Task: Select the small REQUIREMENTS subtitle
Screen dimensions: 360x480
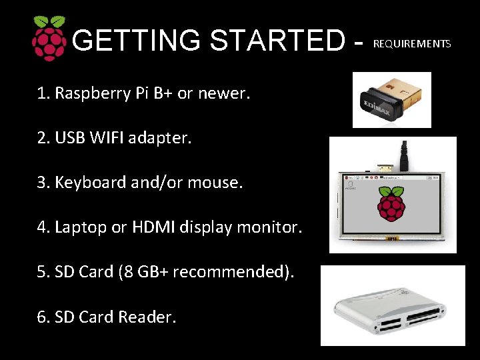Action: [412, 44]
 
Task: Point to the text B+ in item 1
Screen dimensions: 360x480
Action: [163, 93]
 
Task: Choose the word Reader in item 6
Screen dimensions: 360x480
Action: [147, 317]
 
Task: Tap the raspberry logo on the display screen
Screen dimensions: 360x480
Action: [391, 204]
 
